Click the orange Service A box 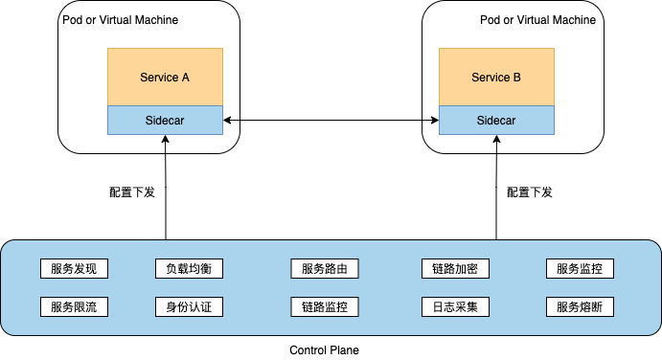[165, 77]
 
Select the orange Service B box [496, 77]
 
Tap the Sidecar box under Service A [165, 121]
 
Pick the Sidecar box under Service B [496, 121]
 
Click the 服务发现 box [74, 268]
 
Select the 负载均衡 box [189, 268]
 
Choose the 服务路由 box [325, 268]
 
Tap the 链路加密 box [455, 268]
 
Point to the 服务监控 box [580, 268]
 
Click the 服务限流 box [74, 307]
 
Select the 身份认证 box [189, 307]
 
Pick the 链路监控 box [325, 307]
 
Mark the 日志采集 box [455, 307]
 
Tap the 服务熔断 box [580, 307]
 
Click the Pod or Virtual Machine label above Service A [120, 20]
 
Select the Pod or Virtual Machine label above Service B [537, 20]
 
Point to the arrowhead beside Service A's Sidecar [227, 121]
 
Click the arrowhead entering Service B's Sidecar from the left [434, 121]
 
